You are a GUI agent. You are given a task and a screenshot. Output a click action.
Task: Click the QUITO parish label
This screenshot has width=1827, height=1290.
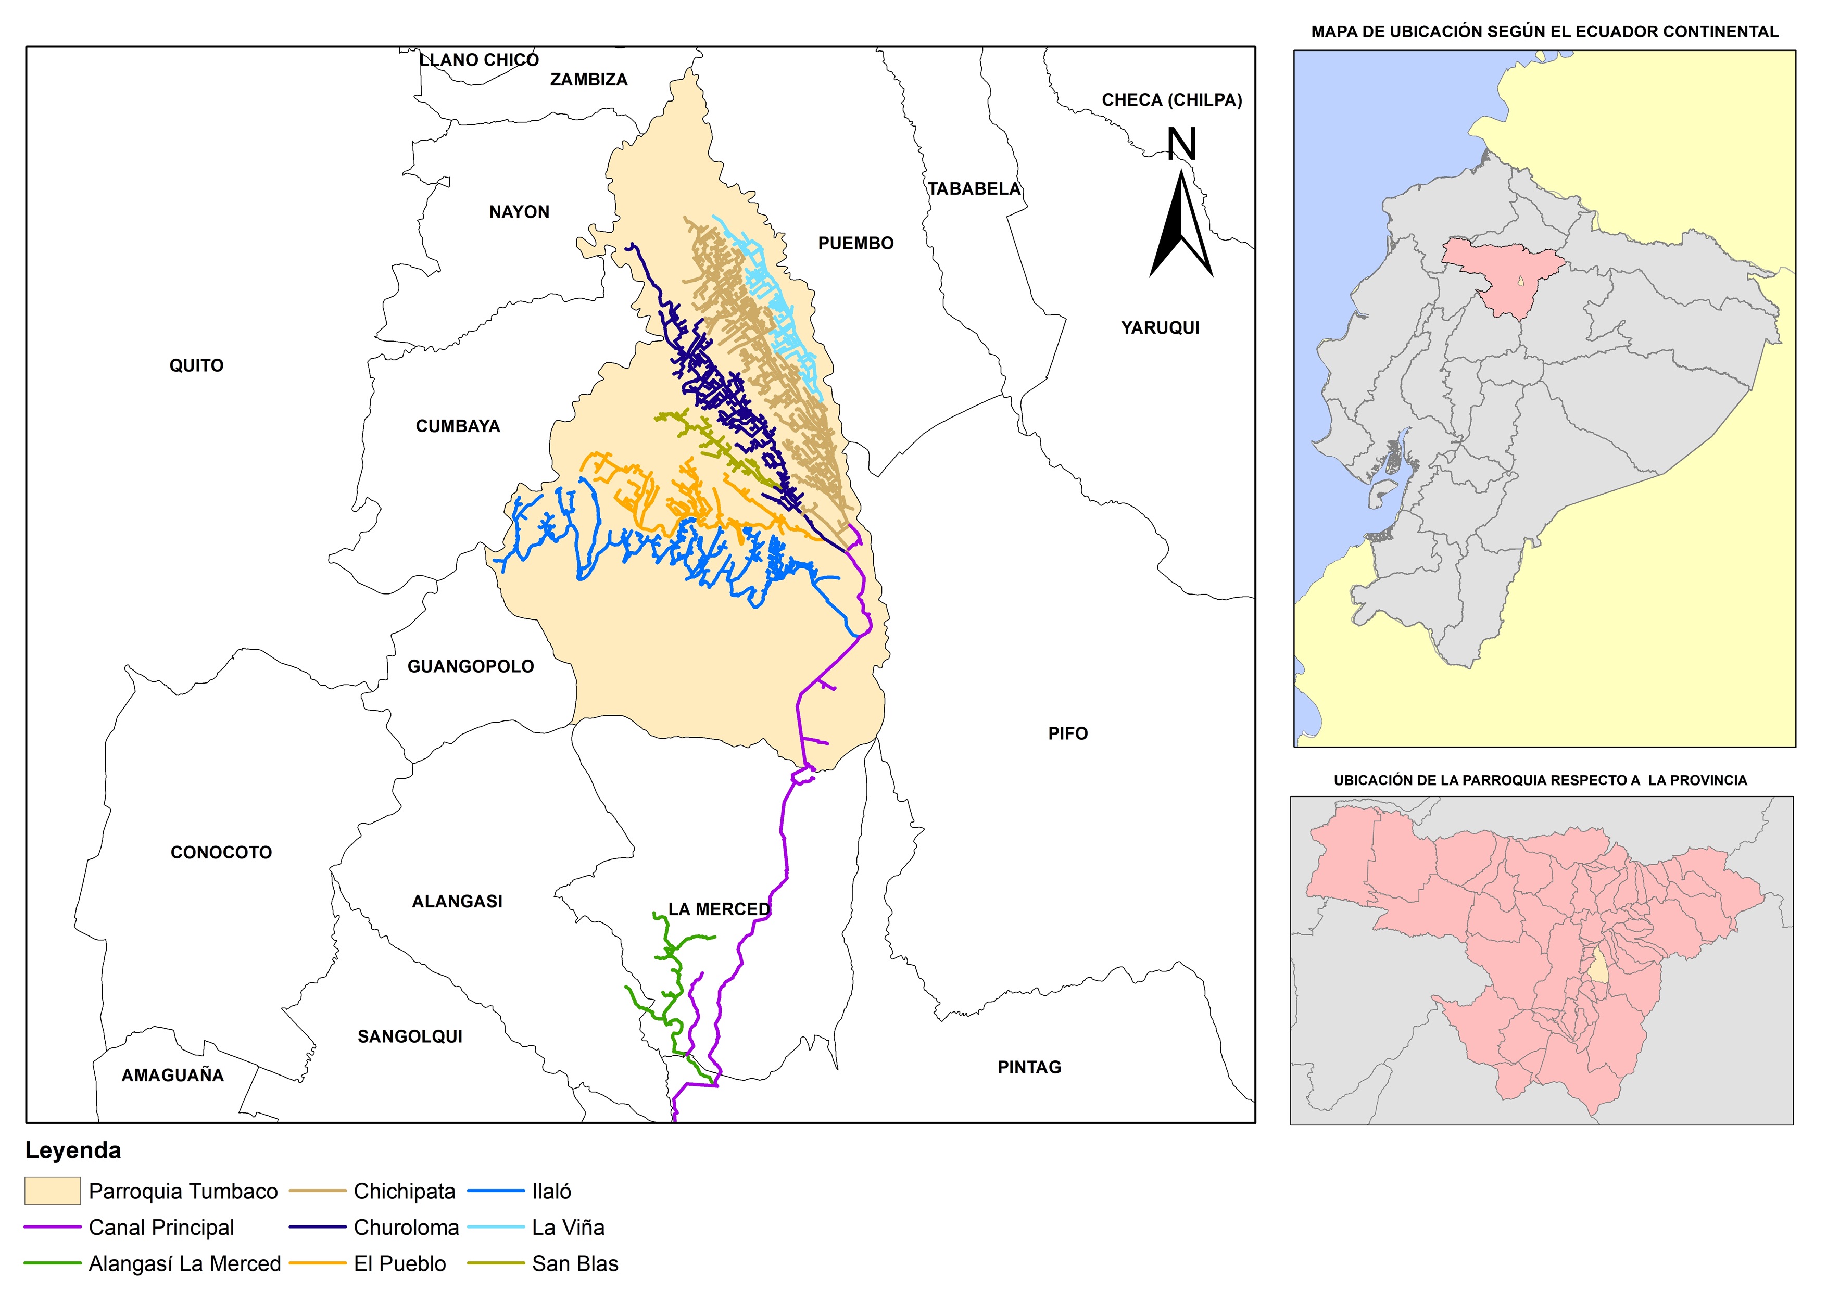(196, 365)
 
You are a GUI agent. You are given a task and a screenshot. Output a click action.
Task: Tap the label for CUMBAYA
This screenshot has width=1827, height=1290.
(458, 426)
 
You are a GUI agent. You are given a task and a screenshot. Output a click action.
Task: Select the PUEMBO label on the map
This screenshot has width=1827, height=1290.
(855, 244)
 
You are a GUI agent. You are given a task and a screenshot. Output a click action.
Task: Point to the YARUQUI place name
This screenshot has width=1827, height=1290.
(1160, 328)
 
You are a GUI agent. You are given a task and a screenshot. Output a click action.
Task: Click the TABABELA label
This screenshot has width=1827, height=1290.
(973, 188)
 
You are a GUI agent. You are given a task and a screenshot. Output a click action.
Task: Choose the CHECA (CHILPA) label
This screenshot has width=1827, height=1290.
(1171, 100)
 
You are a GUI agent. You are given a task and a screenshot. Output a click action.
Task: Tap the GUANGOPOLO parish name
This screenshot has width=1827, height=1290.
(470, 667)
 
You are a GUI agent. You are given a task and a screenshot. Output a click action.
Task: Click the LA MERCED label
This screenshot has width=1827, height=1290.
(719, 909)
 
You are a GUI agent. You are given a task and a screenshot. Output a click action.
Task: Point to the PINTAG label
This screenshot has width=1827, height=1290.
(1029, 1067)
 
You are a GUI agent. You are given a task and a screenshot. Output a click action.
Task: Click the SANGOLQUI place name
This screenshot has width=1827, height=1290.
(410, 1036)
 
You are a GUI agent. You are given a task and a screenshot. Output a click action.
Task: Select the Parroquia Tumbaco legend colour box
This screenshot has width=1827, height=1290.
(53, 1191)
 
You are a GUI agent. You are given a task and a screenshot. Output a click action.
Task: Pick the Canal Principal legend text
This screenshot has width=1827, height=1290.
(161, 1227)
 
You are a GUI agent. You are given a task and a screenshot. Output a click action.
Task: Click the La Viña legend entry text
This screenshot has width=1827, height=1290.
(568, 1227)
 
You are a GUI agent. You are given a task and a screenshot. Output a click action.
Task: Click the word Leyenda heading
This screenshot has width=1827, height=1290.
(73, 1150)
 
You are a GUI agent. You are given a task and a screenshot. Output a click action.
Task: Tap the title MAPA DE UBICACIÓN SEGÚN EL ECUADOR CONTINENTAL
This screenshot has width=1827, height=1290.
(1544, 32)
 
